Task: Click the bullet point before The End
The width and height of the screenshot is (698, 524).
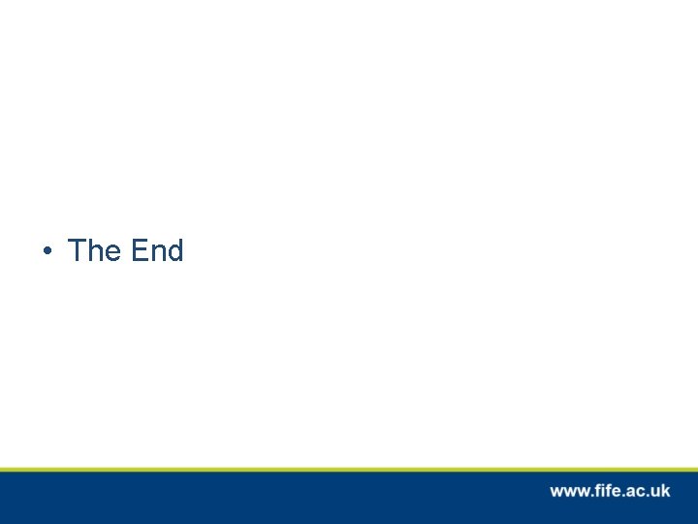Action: (47, 252)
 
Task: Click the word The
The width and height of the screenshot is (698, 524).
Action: (94, 251)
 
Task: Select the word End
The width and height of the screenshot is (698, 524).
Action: (157, 251)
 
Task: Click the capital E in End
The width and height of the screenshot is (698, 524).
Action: (140, 251)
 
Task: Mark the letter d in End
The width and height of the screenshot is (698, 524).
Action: (174, 251)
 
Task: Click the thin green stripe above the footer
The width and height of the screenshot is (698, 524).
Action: (349, 469)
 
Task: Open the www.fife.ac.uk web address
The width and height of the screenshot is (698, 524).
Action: (610, 491)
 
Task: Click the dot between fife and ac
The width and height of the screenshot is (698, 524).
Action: (621, 496)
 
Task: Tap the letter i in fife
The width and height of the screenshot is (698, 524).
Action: (600, 491)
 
